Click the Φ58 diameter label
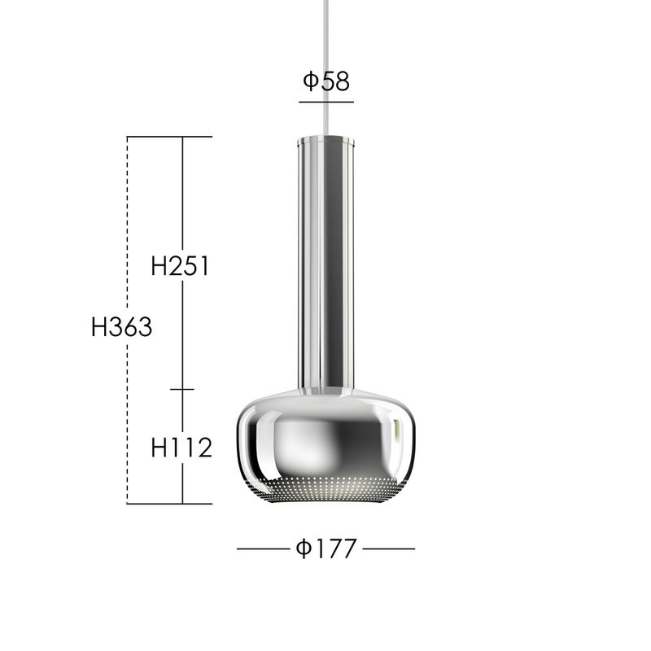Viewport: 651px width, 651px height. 326,81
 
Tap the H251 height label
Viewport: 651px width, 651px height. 180,266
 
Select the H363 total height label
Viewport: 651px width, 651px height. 121,327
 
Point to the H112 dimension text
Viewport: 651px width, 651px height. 181,448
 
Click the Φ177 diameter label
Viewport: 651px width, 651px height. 326,548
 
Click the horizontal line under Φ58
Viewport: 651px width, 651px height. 326,102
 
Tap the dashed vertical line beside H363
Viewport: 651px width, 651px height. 127,320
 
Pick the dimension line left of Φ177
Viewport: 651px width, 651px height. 263,548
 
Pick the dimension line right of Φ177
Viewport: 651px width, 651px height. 389,548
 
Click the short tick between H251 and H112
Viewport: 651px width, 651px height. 182,390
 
